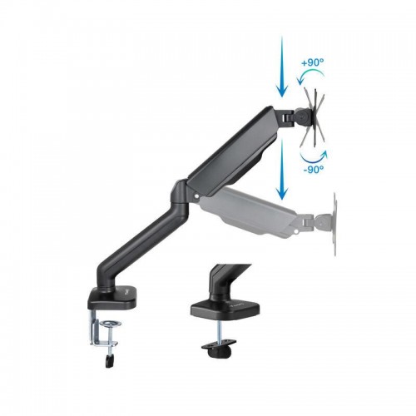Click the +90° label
(x=313, y=62)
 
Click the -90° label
(x=314, y=169)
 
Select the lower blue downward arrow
(x=282, y=169)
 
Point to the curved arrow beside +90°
(x=310, y=72)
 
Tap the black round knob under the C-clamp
(x=110, y=361)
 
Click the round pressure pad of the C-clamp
(x=110, y=324)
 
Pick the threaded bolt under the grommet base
(x=219, y=330)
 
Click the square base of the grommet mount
(x=225, y=309)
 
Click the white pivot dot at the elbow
(x=197, y=196)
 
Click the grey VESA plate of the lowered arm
(x=334, y=224)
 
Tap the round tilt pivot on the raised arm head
(x=302, y=116)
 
